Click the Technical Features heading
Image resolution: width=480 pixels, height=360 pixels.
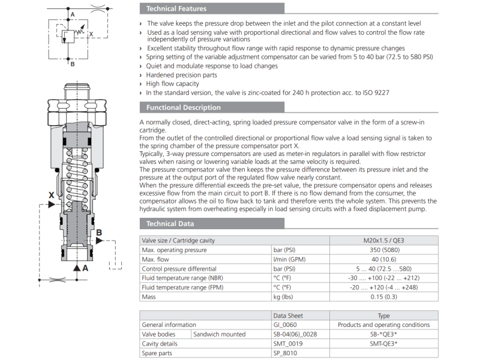176,8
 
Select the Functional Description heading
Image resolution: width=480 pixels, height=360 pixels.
183,107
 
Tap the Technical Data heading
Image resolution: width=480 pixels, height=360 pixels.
170,224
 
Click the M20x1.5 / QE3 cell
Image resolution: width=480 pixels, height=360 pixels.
383,241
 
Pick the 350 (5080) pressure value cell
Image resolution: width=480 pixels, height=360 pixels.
385,250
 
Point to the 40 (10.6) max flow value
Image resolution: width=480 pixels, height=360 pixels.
383,260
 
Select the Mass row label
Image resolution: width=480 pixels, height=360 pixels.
148,297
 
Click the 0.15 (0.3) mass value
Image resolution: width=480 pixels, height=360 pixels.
383,297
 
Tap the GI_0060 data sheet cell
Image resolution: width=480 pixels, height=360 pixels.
284,325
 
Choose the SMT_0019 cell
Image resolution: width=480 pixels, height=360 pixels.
288,344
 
